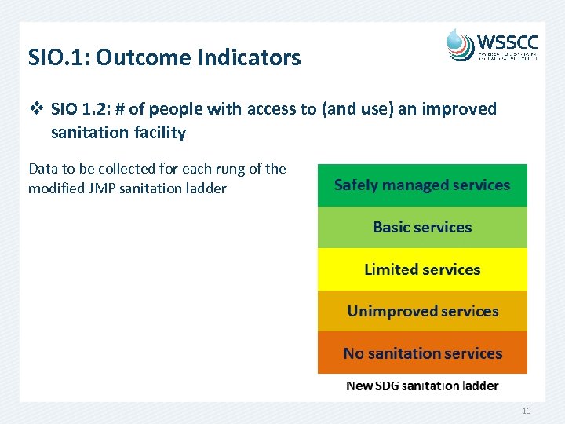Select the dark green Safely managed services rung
(x=422, y=185)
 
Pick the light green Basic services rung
(x=422, y=228)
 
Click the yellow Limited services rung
(x=422, y=269)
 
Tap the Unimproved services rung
(x=422, y=311)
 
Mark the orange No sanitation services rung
(x=422, y=353)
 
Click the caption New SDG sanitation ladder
(x=422, y=386)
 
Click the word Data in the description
(x=42, y=169)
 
